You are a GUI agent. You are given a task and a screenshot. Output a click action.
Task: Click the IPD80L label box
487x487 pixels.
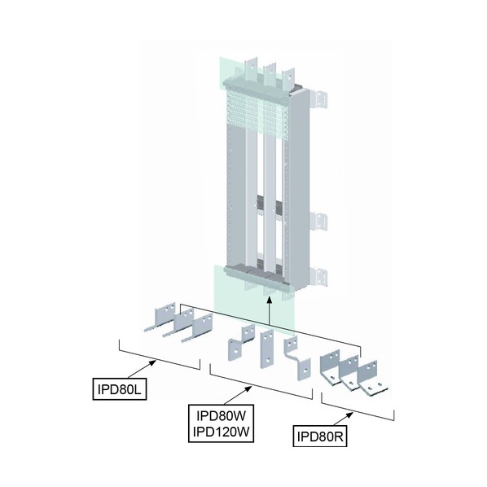tap(120, 388)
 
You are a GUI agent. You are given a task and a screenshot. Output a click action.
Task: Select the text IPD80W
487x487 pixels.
tap(222, 415)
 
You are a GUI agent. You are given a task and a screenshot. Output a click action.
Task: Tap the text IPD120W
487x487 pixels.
tap(222, 432)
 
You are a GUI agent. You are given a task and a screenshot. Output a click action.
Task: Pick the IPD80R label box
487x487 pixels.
tap(320, 437)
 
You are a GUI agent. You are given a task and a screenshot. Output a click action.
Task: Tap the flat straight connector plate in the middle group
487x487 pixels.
tap(267, 349)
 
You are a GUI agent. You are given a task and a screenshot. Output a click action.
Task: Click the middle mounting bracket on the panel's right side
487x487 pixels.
tap(318, 222)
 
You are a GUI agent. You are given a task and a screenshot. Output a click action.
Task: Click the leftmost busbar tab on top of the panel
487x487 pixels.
tap(251, 68)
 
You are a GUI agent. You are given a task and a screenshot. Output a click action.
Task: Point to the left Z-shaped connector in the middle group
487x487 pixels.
tap(241, 343)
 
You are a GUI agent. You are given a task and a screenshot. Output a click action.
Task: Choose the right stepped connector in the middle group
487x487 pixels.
tap(297, 358)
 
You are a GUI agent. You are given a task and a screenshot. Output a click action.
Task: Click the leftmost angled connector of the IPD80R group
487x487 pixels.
tap(331, 367)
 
